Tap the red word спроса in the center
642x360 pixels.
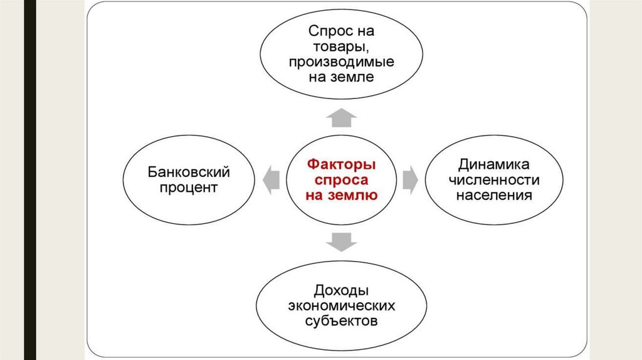341,180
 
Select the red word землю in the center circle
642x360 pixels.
356,195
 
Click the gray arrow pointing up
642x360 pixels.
342,117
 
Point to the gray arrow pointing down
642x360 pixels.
342,241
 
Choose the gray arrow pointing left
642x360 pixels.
271,179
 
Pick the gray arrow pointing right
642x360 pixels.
410,179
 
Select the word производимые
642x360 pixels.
342,62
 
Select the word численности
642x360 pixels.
493,180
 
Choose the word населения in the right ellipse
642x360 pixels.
493,195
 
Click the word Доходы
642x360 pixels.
342,291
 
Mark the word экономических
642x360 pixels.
342,306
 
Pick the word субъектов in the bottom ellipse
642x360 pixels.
342,322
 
